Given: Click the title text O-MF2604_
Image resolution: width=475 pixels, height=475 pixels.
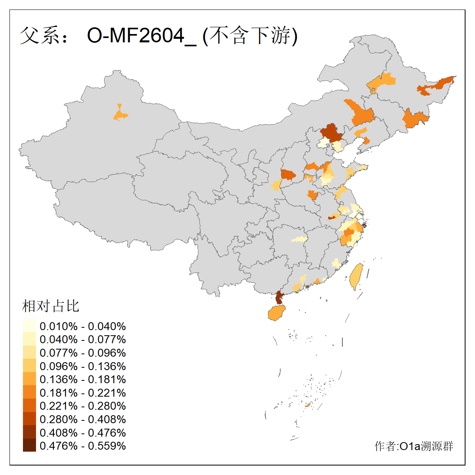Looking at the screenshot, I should coord(141,36).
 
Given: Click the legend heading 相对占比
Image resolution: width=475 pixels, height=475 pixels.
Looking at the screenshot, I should coord(51,306).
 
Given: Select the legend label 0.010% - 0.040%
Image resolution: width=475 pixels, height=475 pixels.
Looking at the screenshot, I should coord(83,326).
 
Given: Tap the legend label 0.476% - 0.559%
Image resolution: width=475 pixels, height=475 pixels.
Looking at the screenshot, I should coord(83,446).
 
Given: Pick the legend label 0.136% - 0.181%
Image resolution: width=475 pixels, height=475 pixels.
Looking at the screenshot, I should coord(83,379).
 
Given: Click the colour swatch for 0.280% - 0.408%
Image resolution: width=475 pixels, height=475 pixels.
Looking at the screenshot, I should coord(29,419).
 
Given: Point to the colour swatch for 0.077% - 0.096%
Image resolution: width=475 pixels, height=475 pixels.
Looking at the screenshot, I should coord(29,353).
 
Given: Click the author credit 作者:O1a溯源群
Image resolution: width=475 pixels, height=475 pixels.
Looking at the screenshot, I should coord(414,446).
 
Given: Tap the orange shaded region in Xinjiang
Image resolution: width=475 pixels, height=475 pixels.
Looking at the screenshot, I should coord(120,115).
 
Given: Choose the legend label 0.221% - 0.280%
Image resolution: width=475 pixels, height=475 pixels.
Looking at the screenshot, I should coord(83,406).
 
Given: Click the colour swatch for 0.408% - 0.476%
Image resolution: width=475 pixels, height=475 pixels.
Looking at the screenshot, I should coord(29,433).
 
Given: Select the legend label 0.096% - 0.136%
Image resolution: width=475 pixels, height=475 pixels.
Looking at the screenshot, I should coord(83,366).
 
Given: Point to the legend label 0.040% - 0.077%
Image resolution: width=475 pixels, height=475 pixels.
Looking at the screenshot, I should coord(83,339).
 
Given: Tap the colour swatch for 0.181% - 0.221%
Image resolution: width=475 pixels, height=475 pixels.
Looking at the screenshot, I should coord(29,393).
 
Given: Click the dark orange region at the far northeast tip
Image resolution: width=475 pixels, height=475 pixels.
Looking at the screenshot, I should coord(437,85).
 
